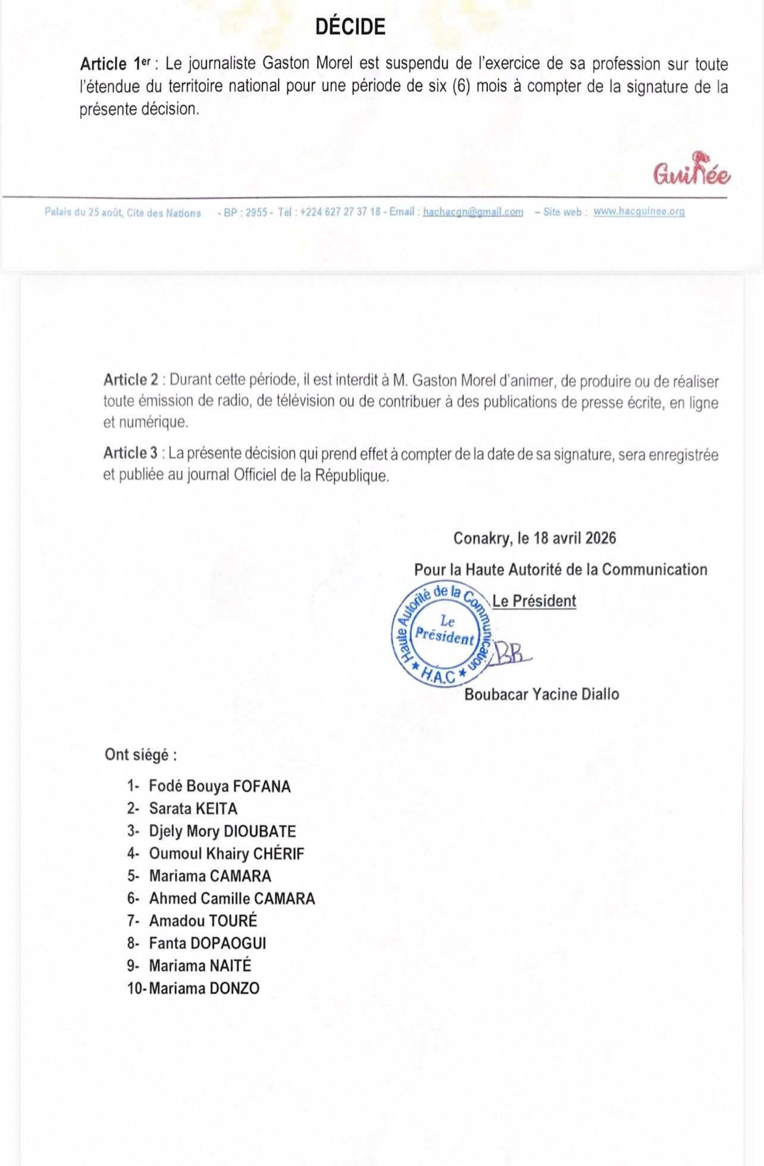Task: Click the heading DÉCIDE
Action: pos(350,27)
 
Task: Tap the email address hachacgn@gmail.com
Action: pos(472,212)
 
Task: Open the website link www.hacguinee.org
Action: pos(638,212)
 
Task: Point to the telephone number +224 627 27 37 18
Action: pos(340,212)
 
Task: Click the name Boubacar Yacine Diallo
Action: pos(541,694)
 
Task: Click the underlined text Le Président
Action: pos(534,601)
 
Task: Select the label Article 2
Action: pos(131,380)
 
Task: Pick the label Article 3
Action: pos(131,453)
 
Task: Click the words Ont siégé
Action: pos(140,755)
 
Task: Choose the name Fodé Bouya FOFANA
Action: pos(220,786)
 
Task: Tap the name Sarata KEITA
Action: pos(193,809)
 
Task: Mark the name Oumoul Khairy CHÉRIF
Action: pos(226,854)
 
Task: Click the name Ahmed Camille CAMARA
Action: pos(231,898)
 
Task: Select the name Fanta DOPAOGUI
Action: pos(207,944)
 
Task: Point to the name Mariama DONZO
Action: pos(204,989)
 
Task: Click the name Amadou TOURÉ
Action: pos(203,921)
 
